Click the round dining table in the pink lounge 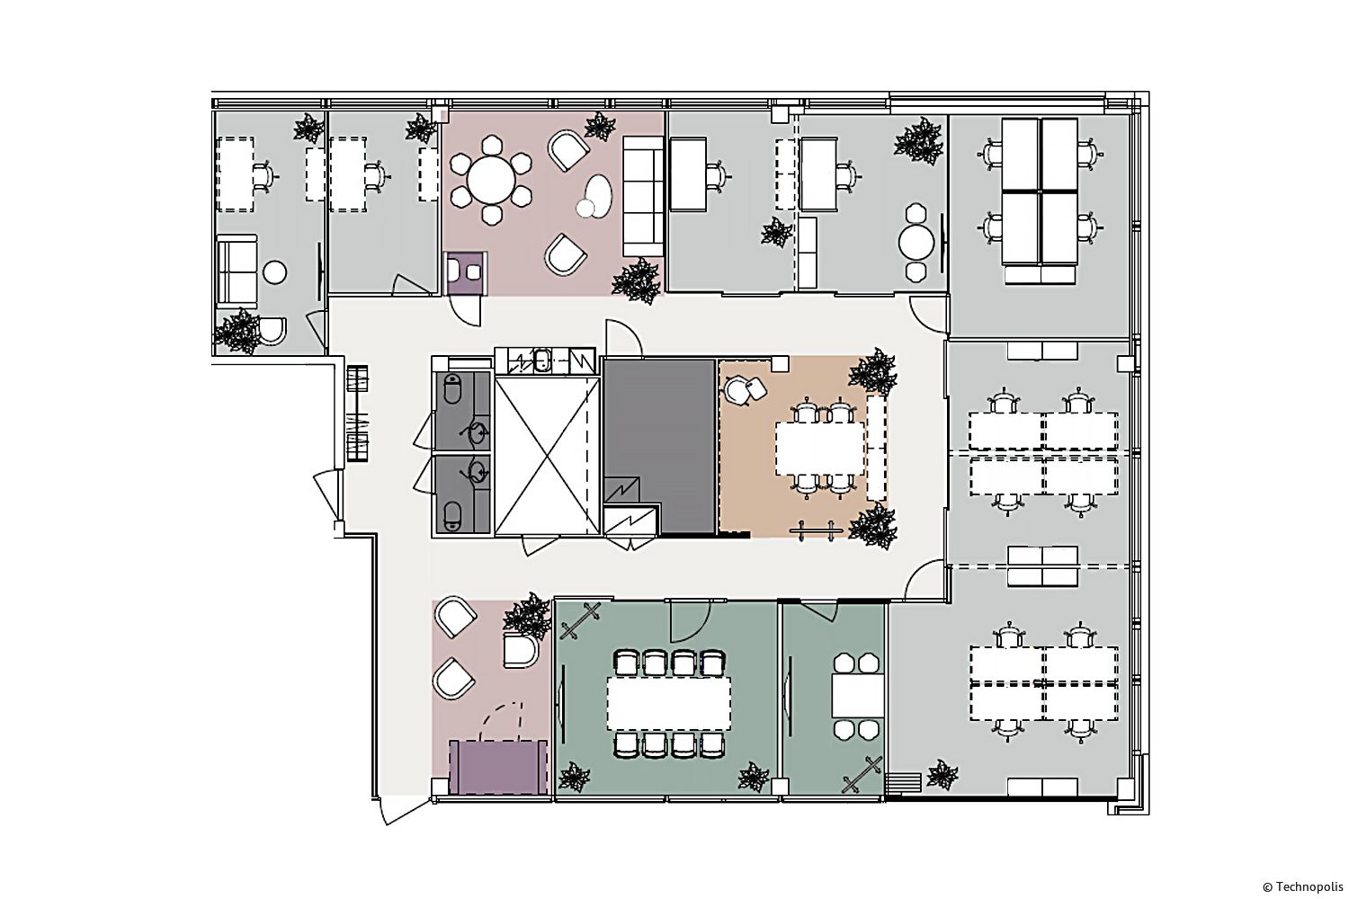tap(492, 180)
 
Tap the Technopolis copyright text tap(1302, 887)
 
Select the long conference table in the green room tap(668, 703)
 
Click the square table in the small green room tap(857, 696)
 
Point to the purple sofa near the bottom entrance tap(498, 767)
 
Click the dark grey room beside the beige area tap(659, 446)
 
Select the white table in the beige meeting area tap(819, 448)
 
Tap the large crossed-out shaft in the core tap(547, 456)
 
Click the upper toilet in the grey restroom tap(452, 388)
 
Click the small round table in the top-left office tap(274, 272)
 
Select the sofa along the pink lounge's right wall tap(643, 196)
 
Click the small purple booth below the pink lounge tap(465, 273)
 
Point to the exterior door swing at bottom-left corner tap(398, 811)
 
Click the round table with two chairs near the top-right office tap(916, 242)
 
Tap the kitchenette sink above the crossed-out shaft tap(542, 360)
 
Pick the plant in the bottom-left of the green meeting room tap(574, 777)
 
